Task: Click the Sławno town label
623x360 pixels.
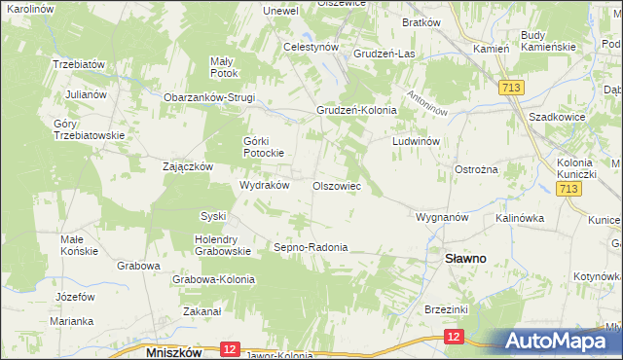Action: coord(465,259)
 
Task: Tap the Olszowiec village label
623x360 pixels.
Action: coord(337,185)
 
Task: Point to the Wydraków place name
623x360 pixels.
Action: coord(265,185)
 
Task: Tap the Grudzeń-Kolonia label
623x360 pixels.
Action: coord(356,110)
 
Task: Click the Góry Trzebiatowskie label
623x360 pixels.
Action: coord(91,129)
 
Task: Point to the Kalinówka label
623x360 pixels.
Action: coord(519,218)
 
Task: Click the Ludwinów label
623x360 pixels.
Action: coord(418,141)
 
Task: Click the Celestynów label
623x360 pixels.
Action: coord(311,46)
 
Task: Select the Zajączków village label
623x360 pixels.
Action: coord(188,166)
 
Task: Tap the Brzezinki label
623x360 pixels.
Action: coord(447,308)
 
